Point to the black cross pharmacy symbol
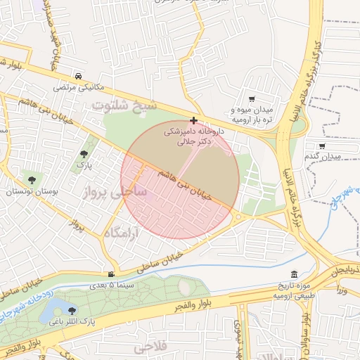(194, 121)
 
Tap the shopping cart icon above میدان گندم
(322, 146)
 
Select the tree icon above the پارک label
(84, 153)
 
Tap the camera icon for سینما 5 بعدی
(110, 274)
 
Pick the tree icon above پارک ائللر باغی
(71, 309)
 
